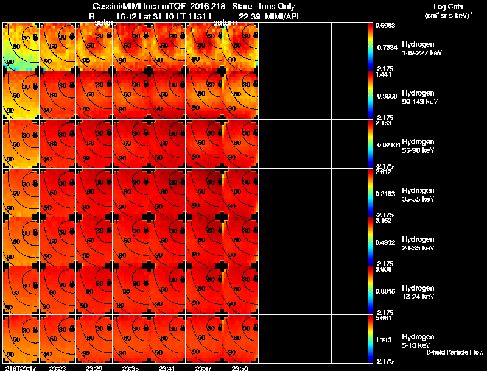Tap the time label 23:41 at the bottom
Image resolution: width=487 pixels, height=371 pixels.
tap(169, 368)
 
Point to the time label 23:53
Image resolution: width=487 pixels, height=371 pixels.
tap(240, 368)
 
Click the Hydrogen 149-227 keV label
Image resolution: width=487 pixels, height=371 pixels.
tap(417, 49)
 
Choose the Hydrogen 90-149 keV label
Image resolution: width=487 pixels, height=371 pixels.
tap(417, 97)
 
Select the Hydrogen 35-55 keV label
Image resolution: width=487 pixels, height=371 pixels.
tap(417, 194)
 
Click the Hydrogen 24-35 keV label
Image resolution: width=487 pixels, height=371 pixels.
tap(417, 243)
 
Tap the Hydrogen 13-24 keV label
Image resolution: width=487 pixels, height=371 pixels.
tap(417, 292)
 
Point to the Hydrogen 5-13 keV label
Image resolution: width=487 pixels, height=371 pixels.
tap(417, 341)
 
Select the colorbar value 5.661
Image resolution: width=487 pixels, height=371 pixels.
tap(385, 317)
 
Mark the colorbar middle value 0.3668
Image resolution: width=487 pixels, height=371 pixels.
tap(385, 96)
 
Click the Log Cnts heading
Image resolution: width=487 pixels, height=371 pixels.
tap(447, 6)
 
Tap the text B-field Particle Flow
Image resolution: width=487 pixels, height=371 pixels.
tap(455, 352)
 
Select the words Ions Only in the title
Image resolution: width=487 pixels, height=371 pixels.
tap(273, 6)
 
